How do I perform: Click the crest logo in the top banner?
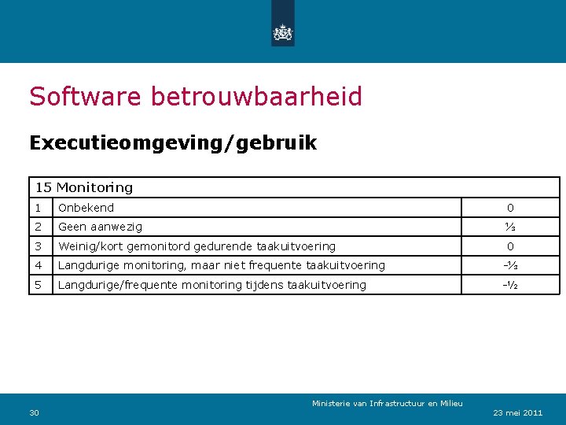pos(282,32)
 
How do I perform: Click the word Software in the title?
pos(86,97)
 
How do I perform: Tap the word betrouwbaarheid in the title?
pos(256,97)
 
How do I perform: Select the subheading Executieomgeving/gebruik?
pos(173,143)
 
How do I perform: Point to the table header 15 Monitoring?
pos(84,187)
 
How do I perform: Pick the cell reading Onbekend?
pos(86,208)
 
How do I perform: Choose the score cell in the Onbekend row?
pos(510,208)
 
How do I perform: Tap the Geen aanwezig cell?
pos(101,227)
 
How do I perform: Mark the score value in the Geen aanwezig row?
pos(510,227)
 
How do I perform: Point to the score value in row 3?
pos(510,246)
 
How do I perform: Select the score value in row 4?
pos(510,265)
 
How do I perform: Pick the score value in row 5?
pos(510,285)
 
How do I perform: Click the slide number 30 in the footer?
pos(34,412)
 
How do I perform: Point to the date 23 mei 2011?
pos(518,412)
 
